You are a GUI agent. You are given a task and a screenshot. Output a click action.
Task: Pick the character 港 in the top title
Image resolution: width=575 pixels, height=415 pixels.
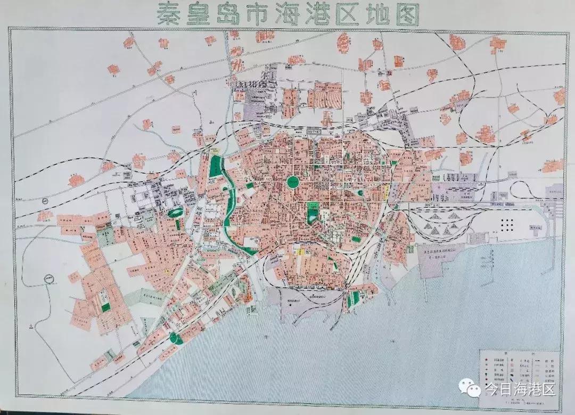[x=339, y=14]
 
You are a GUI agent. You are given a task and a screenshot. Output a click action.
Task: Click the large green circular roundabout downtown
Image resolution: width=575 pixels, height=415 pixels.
[x=293, y=182]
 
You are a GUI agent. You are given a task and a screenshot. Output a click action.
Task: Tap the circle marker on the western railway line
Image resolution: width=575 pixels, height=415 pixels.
[x=45, y=201]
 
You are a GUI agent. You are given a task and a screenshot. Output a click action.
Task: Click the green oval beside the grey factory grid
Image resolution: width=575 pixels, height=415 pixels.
[x=174, y=213]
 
